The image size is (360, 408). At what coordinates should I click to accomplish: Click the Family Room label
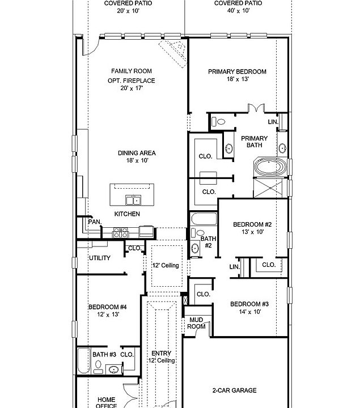click(132, 71)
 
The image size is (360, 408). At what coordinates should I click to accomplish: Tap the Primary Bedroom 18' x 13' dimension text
click(238, 79)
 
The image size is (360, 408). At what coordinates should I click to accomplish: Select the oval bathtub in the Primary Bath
click(270, 167)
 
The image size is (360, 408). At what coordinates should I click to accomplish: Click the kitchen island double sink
click(133, 200)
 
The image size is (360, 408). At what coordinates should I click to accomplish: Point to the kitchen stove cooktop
click(121, 233)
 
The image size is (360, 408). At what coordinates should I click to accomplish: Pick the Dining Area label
click(137, 153)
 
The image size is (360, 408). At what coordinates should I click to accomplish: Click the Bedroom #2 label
click(252, 224)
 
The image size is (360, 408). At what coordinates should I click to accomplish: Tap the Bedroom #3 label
click(249, 304)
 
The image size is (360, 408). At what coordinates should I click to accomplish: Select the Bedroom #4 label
click(108, 307)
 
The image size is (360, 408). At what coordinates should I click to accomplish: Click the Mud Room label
click(196, 323)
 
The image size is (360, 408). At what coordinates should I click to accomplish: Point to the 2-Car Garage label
click(235, 390)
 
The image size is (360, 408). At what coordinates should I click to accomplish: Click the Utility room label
click(100, 258)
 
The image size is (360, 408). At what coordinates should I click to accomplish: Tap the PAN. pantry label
click(95, 222)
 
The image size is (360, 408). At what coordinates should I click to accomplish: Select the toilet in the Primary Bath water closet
click(218, 121)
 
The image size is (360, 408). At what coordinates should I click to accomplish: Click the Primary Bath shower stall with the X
click(268, 188)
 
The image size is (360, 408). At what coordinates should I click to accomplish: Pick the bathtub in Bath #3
click(84, 360)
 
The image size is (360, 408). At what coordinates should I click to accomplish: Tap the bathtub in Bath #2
click(204, 219)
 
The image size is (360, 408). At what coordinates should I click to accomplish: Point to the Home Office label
click(107, 402)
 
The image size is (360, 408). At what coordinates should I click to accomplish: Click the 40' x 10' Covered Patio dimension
click(239, 11)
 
